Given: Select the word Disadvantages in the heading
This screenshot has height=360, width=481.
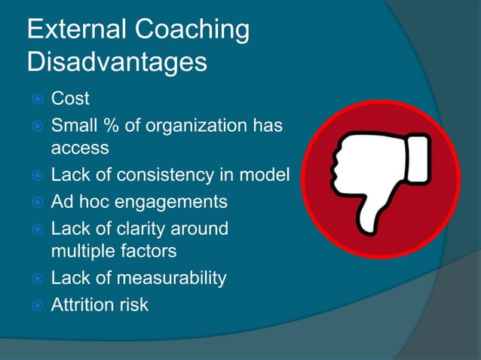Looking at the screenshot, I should point(117,63).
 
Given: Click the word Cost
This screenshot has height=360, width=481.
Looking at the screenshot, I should point(70,99).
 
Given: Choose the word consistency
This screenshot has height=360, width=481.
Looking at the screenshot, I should point(181,175).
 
